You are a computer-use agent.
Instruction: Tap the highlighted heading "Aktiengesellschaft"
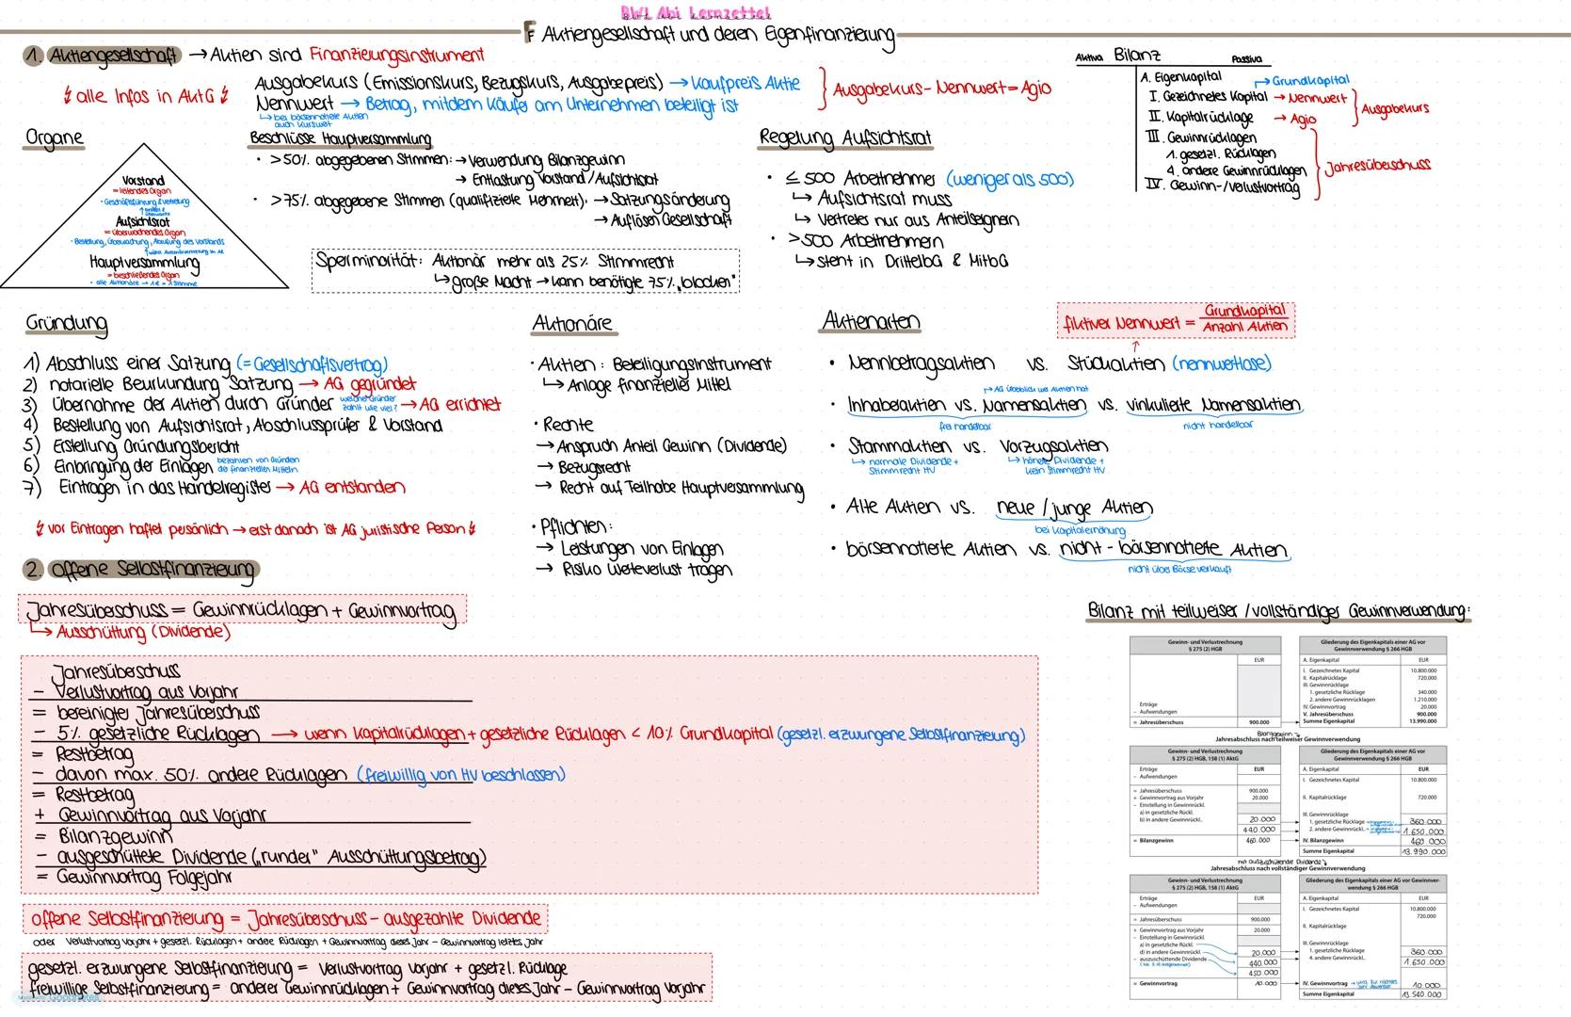[x=113, y=56]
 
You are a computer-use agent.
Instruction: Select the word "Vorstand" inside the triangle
[x=143, y=180]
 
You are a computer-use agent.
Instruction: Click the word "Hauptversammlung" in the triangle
[x=144, y=263]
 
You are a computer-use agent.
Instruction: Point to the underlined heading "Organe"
[x=55, y=138]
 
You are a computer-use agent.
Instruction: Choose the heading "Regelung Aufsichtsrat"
[x=845, y=138]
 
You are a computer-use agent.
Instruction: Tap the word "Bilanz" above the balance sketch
[x=1137, y=56]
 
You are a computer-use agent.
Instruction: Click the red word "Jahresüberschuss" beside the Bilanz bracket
[x=1377, y=166]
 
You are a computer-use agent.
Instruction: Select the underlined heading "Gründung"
[x=66, y=324]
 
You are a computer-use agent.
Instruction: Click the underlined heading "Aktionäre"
[x=572, y=324]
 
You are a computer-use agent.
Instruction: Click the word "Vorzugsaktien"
[x=1053, y=445]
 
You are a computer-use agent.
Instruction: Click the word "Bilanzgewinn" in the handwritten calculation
[x=115, y=836]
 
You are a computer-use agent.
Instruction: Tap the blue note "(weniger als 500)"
[x=1010, y=179]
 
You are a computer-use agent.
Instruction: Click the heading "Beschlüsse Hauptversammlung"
[x=341, y=138]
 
